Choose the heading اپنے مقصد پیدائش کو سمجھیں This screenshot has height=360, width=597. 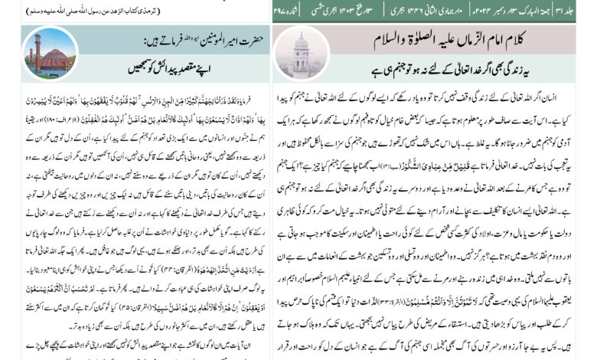coord(181,67)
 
